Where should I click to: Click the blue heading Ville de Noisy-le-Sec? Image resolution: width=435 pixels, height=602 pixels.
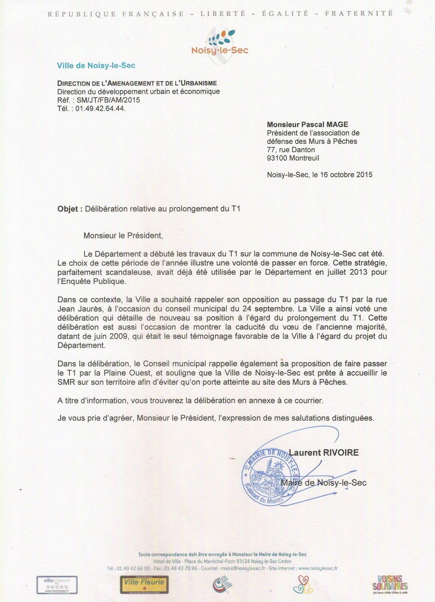point(96,66)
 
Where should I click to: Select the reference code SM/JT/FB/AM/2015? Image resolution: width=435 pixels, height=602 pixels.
point(108,100)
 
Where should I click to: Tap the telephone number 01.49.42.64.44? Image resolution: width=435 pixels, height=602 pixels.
point(100,108)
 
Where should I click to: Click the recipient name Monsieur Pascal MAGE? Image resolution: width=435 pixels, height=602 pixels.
point(307,124)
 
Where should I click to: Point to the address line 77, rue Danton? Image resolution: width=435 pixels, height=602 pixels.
point(291,150)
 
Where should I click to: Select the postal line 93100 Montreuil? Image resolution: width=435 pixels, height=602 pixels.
point(293,158)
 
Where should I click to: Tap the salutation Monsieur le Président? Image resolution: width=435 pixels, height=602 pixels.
point(123,236)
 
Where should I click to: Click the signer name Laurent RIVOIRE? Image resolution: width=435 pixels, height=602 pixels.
point(323,453)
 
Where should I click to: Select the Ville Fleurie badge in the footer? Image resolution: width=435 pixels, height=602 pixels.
point(144,584)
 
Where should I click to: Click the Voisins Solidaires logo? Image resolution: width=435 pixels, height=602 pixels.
point(390,584)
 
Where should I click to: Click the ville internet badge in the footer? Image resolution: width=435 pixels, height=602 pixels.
point(57,584)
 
